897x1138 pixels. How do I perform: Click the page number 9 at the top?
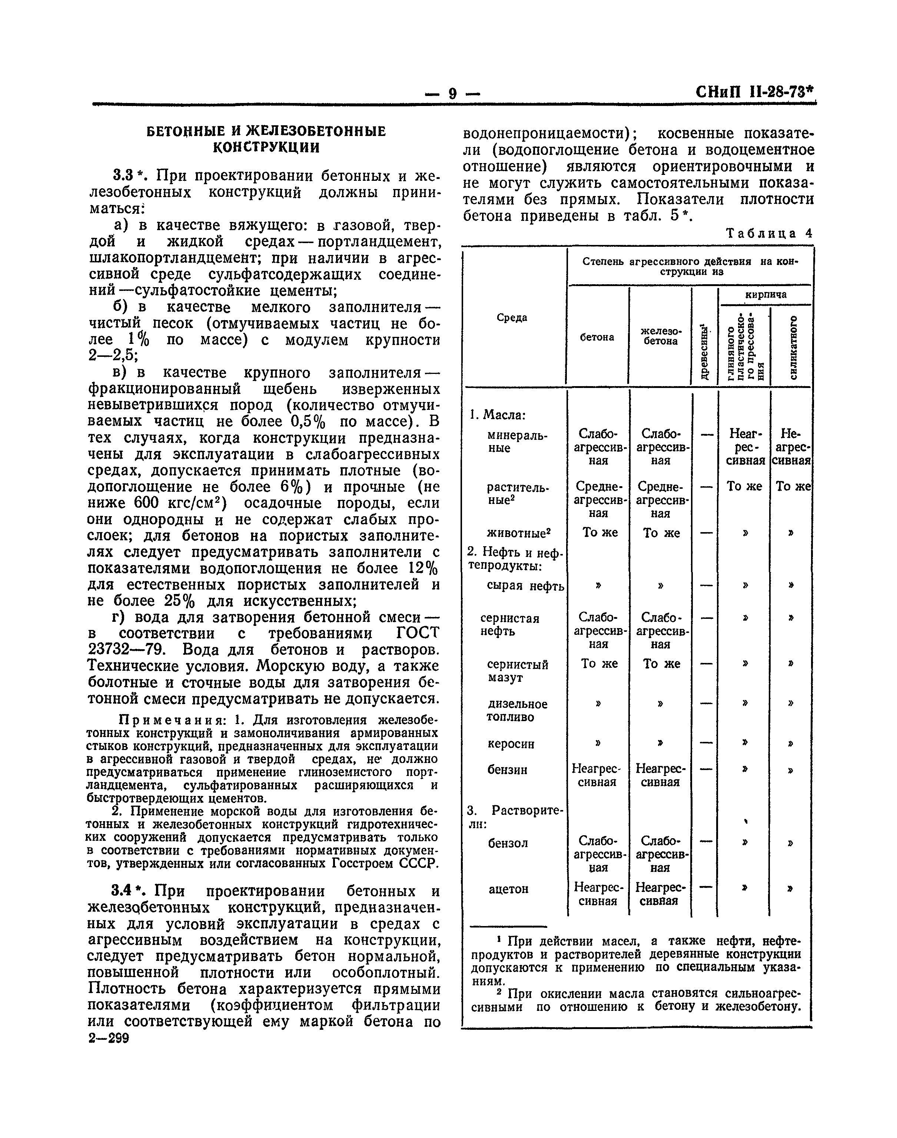tap(453, 94)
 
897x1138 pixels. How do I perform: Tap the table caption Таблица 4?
tap(769, 234)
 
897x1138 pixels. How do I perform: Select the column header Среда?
tap(512, 318)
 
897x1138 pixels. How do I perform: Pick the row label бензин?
tap(507, 770)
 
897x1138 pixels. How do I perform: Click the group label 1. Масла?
tap(497, 415)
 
